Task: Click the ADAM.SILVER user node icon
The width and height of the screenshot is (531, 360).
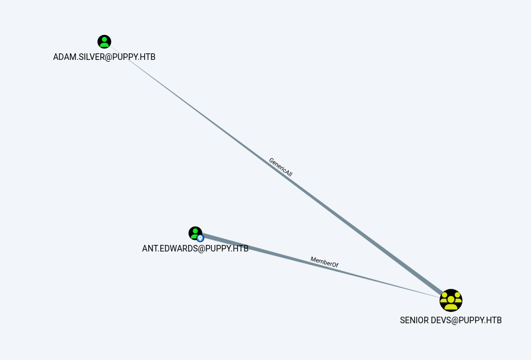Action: [104, 42]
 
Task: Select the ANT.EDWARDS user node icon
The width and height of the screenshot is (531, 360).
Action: [195, 232]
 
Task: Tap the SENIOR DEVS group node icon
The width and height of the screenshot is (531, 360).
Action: [451, 301]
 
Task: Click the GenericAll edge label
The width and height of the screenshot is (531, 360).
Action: [281, 167]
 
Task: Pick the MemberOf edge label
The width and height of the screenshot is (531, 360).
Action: [325, 262]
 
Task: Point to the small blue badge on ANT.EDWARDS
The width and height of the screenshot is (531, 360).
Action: [200, 238]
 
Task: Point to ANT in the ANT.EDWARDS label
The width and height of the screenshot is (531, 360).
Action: [149, 249]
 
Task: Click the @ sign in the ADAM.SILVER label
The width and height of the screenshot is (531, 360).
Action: [109, 57]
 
